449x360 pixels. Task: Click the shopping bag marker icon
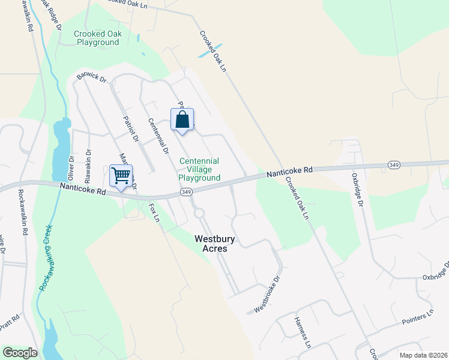182,119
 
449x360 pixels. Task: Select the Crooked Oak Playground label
97,38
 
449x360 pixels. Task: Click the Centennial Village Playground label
199,169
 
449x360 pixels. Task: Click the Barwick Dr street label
91,78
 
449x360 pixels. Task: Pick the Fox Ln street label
154,214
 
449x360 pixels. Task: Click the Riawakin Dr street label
88,166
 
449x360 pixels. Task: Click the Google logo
19,352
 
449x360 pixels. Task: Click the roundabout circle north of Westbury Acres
199,213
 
